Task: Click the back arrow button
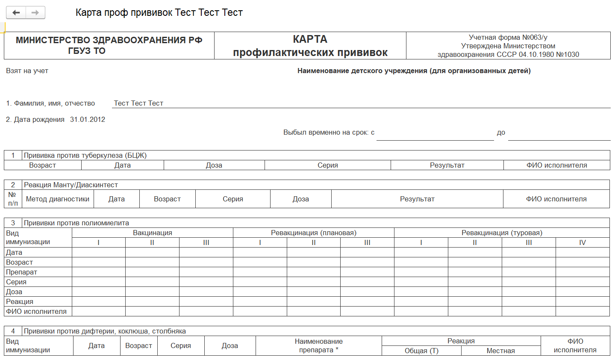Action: (16, 13)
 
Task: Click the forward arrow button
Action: (35, 13)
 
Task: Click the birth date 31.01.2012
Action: (88, 120)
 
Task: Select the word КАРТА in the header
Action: (310, 39)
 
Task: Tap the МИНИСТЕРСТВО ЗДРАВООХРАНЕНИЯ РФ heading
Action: (109, 40)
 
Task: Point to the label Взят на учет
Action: (27, 71)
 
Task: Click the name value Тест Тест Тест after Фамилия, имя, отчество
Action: (138, 103)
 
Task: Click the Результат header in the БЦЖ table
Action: (447, 165)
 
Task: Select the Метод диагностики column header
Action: (58, 199)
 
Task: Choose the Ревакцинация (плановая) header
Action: (314, 233)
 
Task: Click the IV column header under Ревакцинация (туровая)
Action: (583, 243)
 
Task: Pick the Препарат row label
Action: (21, 272)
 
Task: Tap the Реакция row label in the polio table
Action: (20, 302)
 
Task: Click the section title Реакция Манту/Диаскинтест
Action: (71, 185)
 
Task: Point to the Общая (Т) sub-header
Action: (421, 351)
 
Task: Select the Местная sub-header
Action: (500, 351)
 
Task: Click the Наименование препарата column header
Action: (318, 346)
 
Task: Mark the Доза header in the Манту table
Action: (301, 199)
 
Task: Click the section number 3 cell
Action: (13, 223)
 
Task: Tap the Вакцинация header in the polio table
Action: (153, 233)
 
